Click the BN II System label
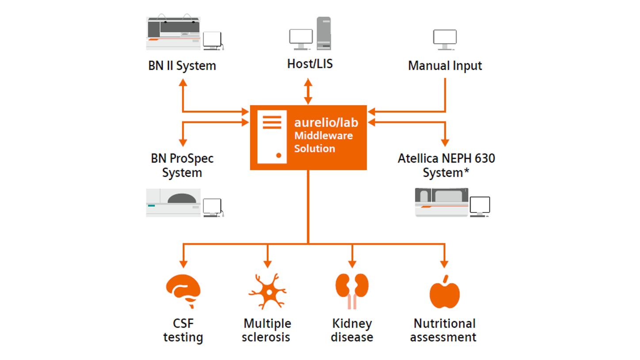[182, 66]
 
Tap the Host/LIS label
[309, 64]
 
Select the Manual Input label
[445, 66]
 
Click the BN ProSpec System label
[182, 165]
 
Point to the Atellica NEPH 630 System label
[446, 165]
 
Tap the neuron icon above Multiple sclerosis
[267, 291]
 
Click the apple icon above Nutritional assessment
[444, 292]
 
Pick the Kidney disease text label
[352, 330]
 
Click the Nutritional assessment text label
[443, 330]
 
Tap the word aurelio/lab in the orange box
[326, 122]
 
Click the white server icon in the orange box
[272, 137]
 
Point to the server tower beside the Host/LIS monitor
[324, 33]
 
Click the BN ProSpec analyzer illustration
[173, 203]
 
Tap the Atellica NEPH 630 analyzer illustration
[441, 202]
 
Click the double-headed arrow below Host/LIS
[308, 91]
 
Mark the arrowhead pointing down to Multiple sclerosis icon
[267, 264]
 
